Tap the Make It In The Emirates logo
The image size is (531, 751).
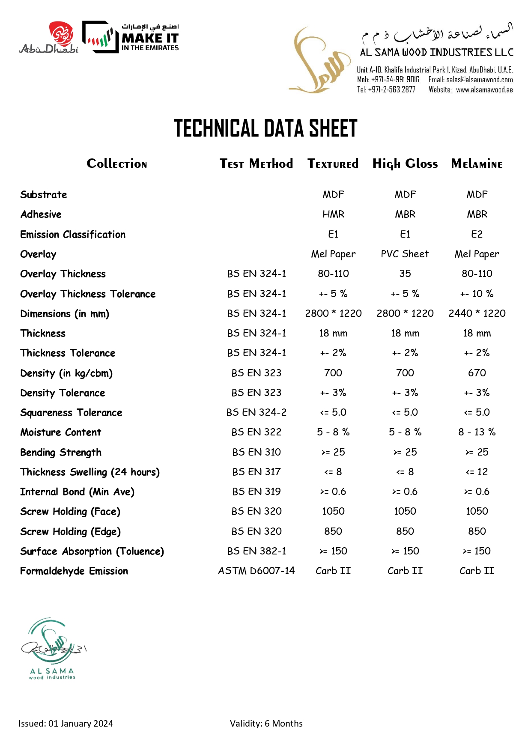131,37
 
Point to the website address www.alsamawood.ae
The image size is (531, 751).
484,90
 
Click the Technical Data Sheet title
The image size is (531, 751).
265,128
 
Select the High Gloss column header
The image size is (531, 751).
405,164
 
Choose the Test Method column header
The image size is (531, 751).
256,164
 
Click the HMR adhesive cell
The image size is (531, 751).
333,214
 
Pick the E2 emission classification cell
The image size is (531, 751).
477,234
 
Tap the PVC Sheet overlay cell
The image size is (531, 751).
405,254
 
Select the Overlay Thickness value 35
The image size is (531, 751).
405,274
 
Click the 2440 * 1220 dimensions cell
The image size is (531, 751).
477,313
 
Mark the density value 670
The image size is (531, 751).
477,373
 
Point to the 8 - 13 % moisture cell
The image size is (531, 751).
477,432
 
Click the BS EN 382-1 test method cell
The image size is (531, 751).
257,551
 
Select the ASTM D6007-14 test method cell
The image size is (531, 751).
256,571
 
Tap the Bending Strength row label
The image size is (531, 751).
61,453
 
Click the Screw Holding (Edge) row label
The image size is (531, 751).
70,532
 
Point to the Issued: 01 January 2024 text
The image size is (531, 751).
66,724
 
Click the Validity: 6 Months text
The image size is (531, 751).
266,724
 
